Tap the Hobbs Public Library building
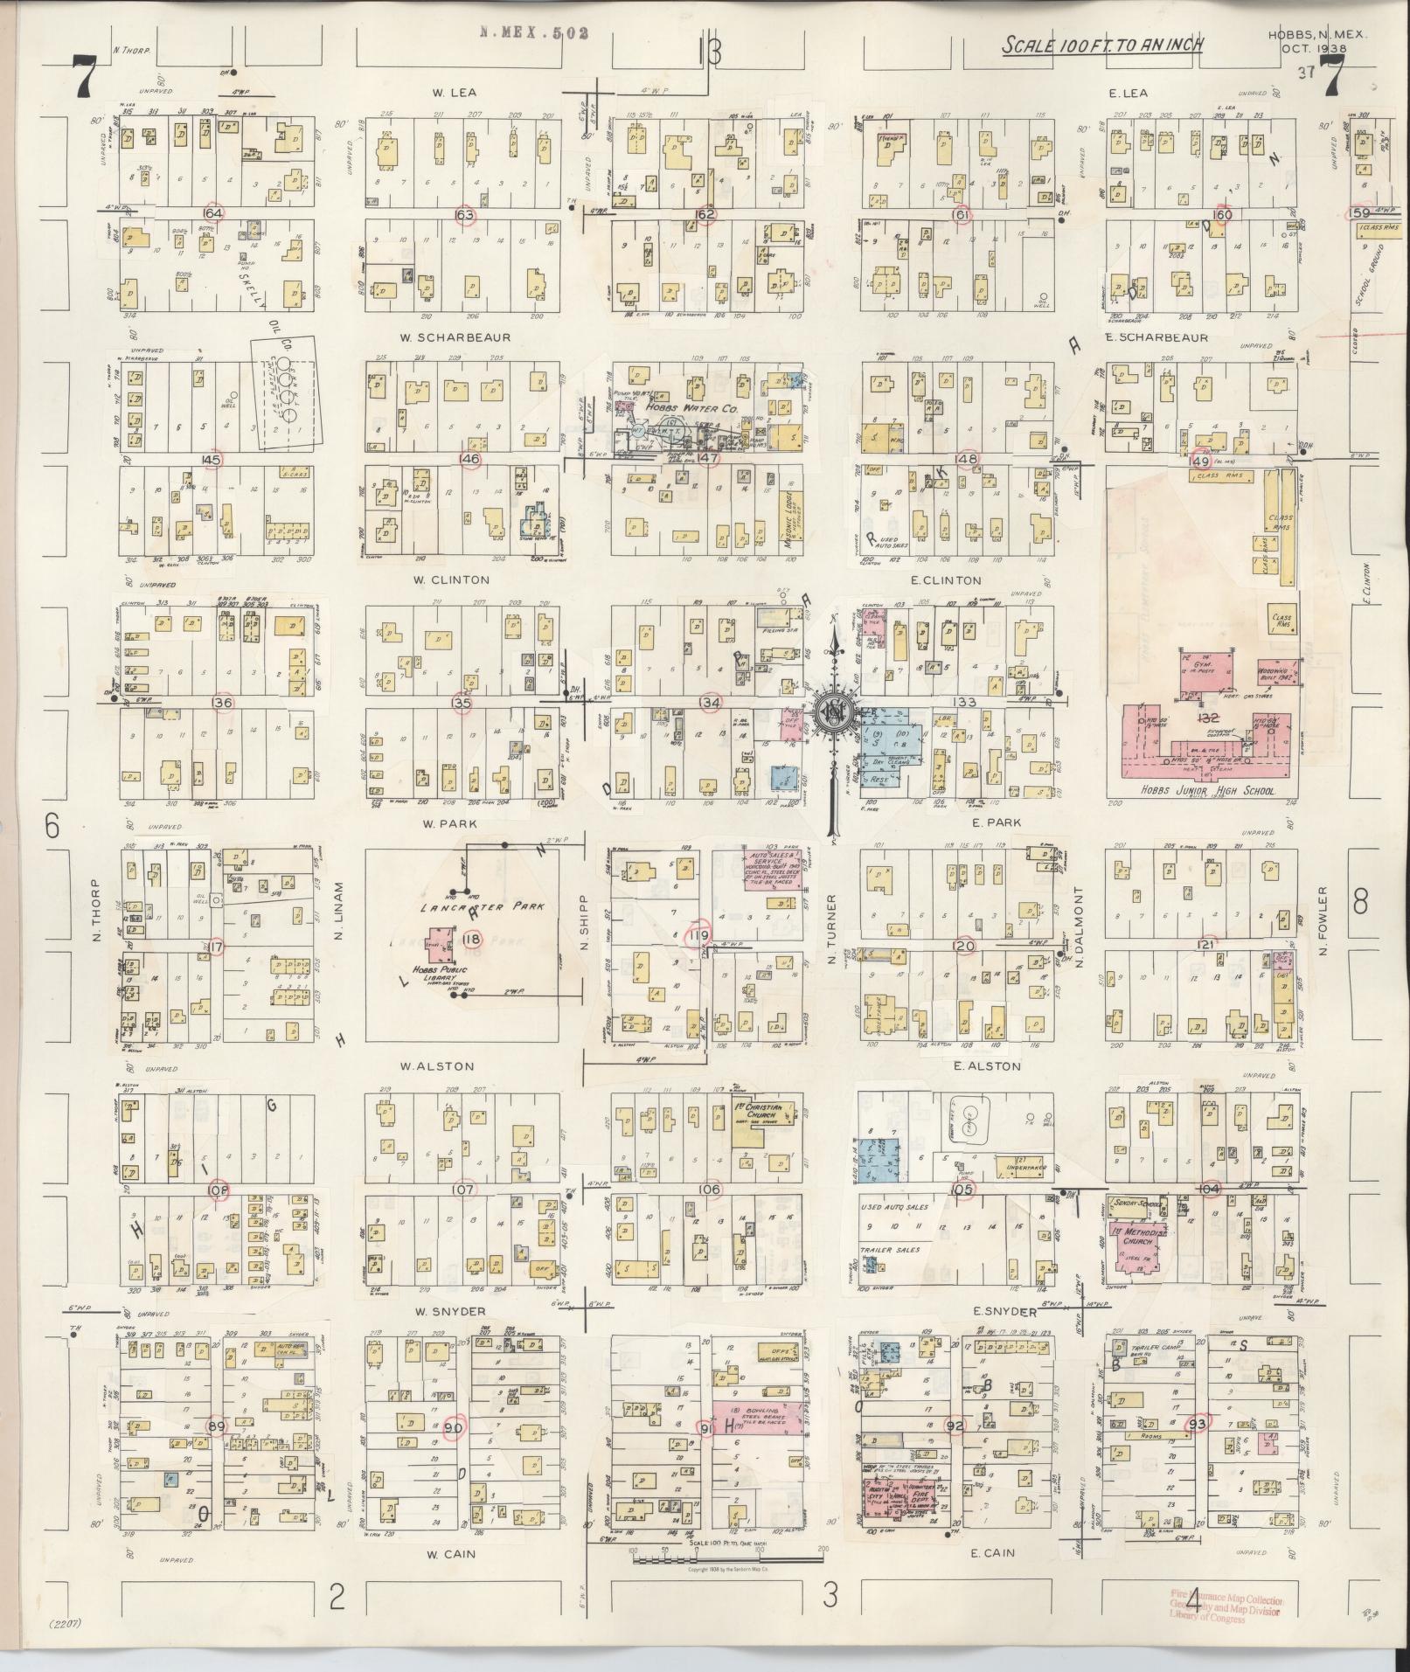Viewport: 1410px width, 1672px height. coord(432,944)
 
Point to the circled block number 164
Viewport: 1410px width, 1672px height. coord(213,213)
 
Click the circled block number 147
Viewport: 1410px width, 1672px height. coord(707,458)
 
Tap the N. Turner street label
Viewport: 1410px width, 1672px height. coord(832,928)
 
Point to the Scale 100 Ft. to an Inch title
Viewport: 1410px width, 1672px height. coord(1102,45)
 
